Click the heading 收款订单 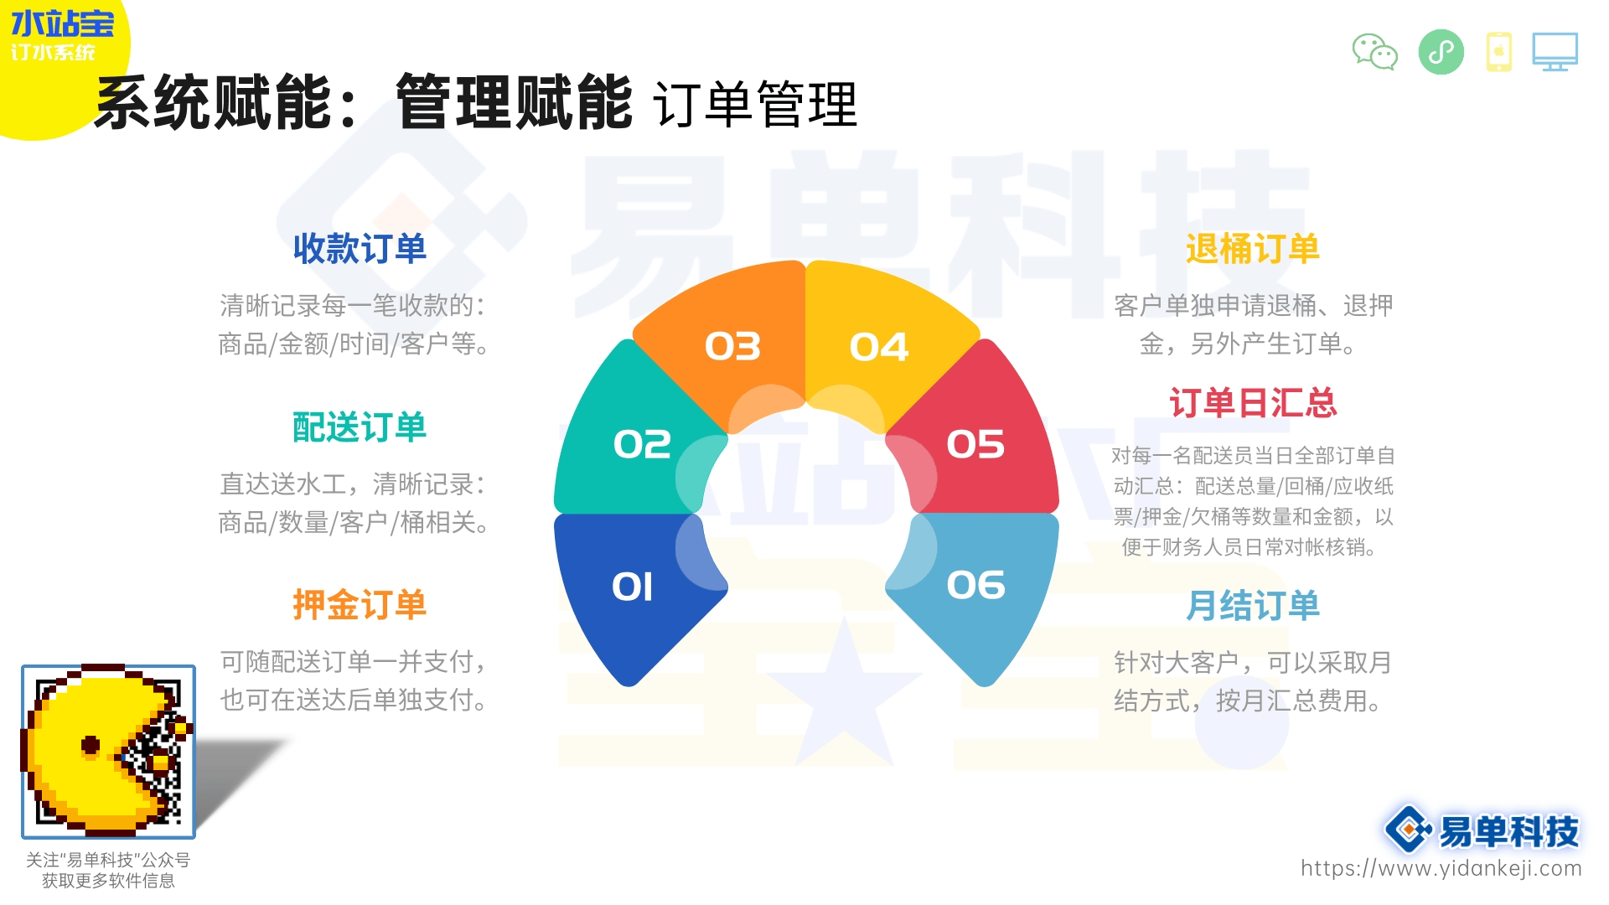(360, 249)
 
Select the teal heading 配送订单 (360, 427)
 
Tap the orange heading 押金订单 (360, 605)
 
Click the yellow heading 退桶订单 (1253, 249)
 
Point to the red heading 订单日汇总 (1253, 403)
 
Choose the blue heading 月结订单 (1253, 605)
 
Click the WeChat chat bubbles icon (1375, 52)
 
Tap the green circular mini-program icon (1441, 52)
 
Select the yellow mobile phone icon (1499, 52)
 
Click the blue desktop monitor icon (1555, 52)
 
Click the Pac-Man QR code (108, 752)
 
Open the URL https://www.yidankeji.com (1441, 868)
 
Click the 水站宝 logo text (62, 23)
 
